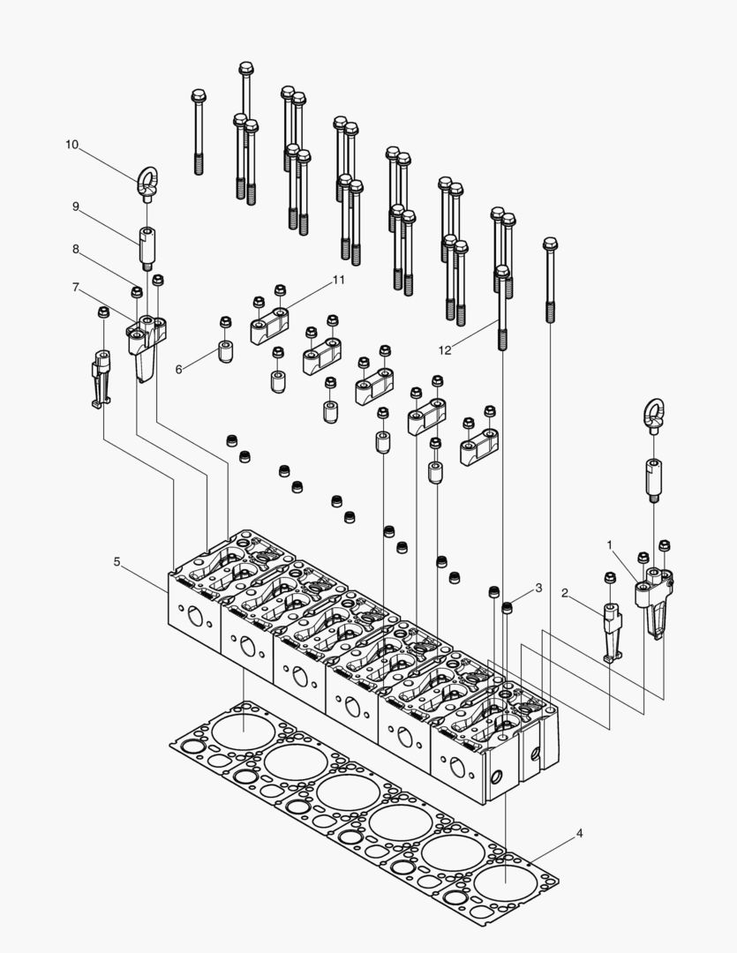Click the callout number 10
(71, 144)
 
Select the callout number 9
(76, 206)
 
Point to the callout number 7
(76, 288)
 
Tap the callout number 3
(538, 588)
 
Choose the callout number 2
(566, 593)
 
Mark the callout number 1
(609, 545)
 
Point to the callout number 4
(578, 832)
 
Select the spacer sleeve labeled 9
(147, 246)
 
